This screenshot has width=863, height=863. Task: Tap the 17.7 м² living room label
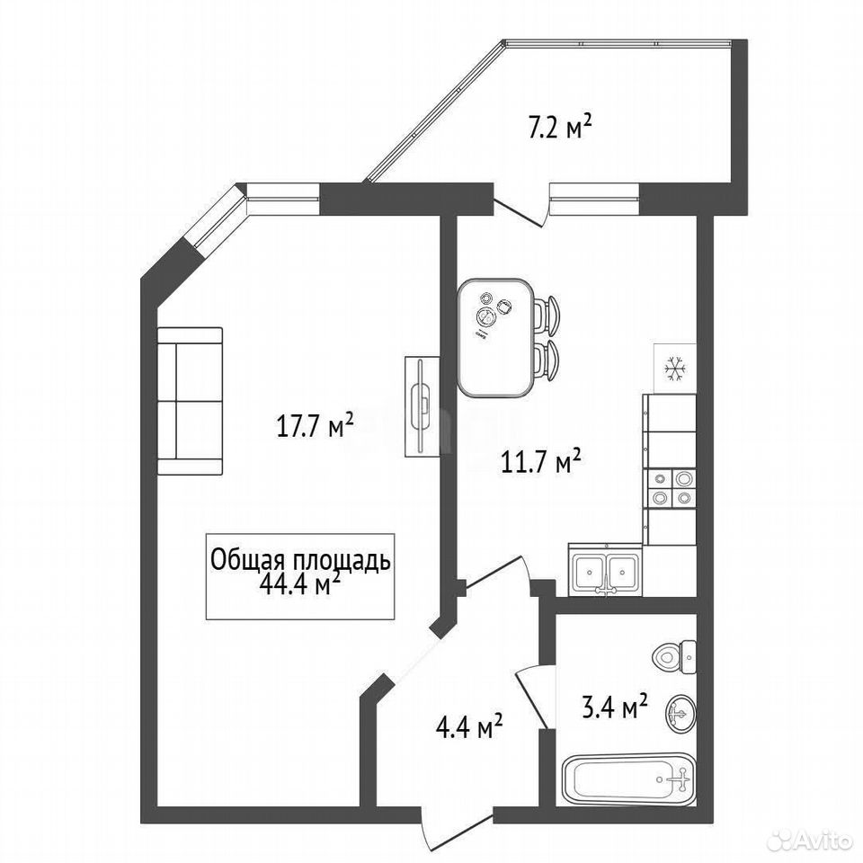(x=314, y=425)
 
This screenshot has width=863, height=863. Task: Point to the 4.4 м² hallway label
(x=469, y=725)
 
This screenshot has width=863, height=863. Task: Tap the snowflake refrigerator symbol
(x=674, y=369)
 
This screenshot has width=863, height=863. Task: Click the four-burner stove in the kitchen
(x=669, y=488)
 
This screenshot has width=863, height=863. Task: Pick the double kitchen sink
(x=605, y=571)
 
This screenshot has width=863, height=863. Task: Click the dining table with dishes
(x=495, y=337)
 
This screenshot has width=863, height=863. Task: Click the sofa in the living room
(x=190, y=401)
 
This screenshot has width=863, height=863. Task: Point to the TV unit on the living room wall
(x=423, y=406)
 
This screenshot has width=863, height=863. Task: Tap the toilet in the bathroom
(x=675, y=656)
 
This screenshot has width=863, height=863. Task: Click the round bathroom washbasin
(x=681, y=714)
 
